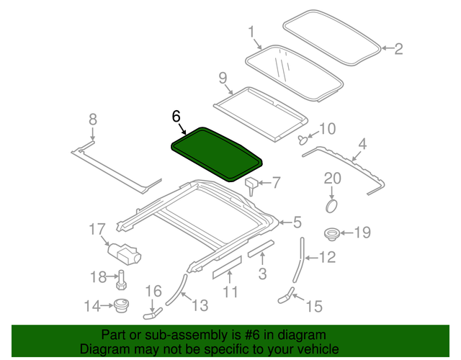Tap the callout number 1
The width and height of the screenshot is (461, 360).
(252, 32)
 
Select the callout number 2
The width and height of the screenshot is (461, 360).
(398, 49)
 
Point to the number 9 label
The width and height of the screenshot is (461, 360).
(223, 77)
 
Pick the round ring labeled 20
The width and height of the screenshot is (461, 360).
(332, 205)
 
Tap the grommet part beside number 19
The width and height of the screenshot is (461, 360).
(333, 233)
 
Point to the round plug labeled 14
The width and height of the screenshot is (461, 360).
(122, 306)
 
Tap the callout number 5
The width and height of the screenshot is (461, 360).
(297, 222)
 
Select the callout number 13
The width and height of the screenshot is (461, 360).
(200, 306)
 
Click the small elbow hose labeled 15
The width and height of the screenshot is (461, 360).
(286, 293)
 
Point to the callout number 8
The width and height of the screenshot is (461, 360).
(92, 120)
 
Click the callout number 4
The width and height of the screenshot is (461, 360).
(362, 144)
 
